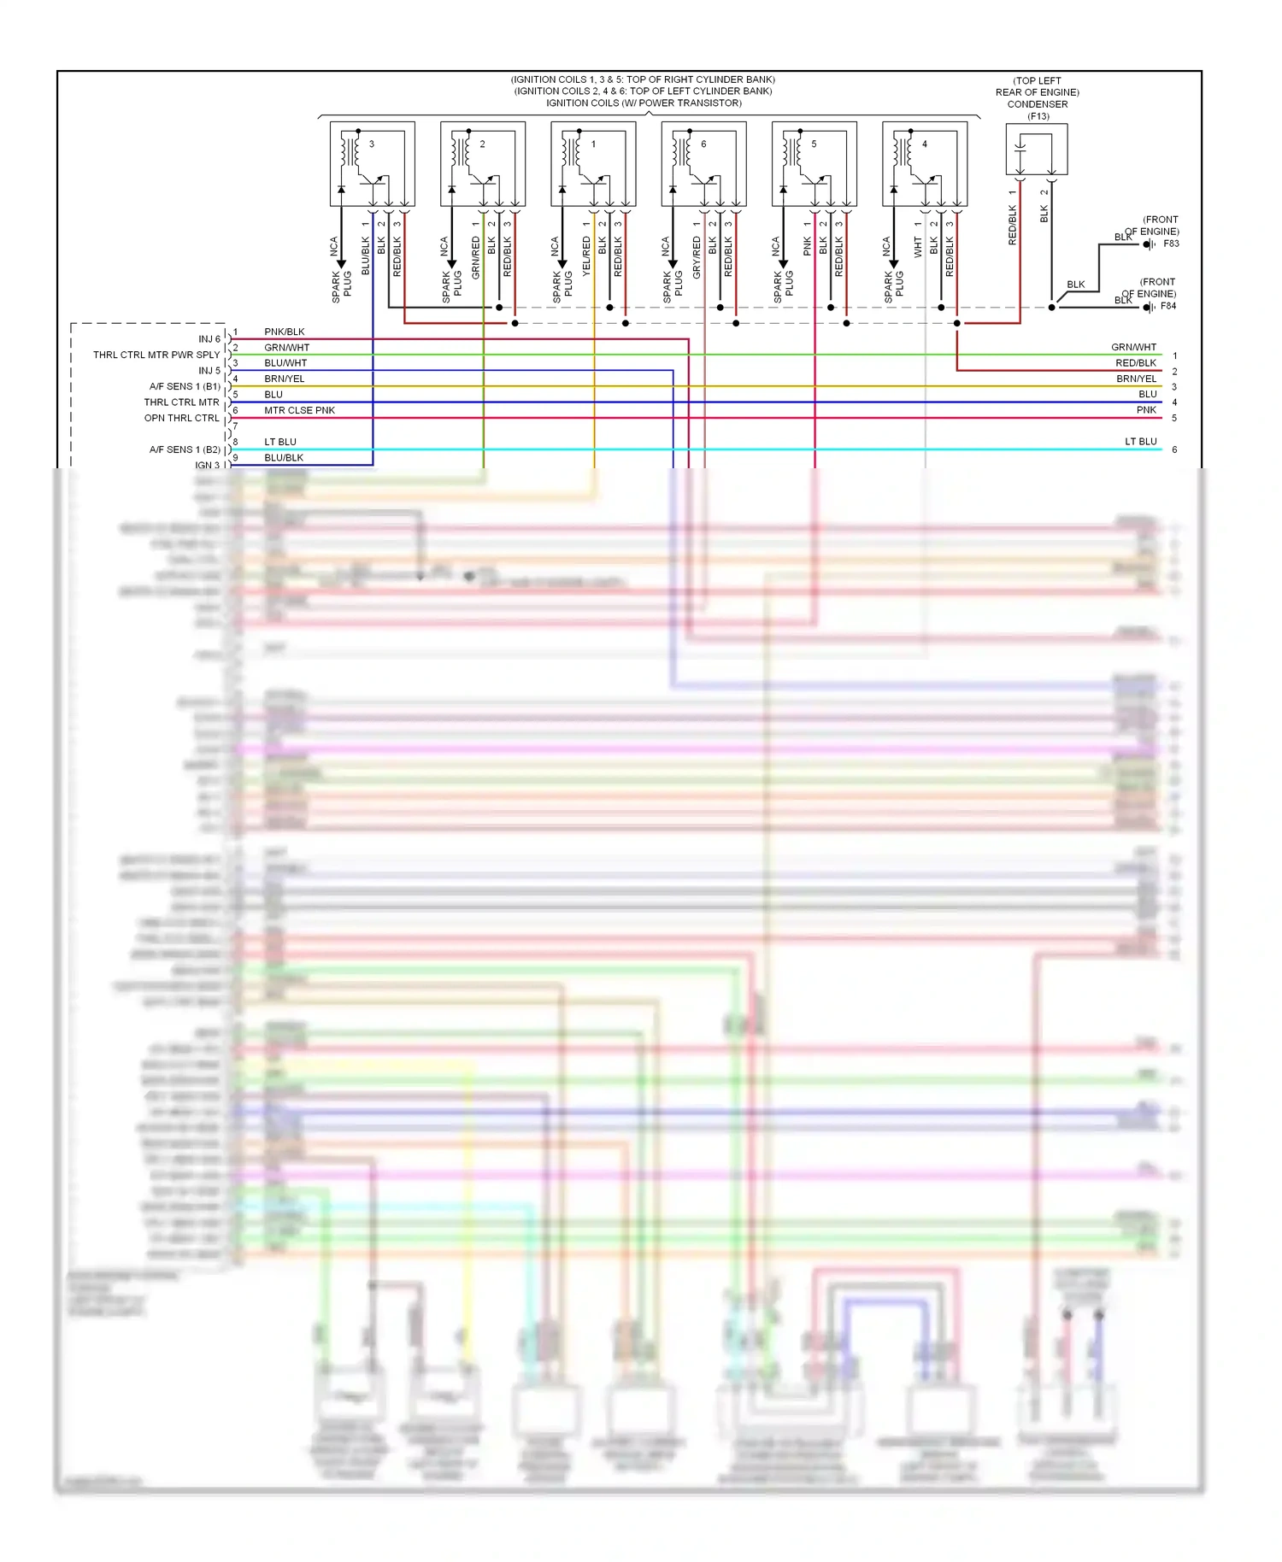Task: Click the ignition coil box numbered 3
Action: [373, 164]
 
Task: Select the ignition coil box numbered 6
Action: [703, 164]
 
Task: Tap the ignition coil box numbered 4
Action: [925, 164]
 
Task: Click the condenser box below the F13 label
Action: [1036, 150]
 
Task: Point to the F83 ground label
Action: [1171, 244]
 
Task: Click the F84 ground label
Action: [1168, 306]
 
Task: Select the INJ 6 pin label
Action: [209, 339]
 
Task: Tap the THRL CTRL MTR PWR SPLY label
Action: [156, 355]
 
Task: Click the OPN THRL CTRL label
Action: [181, 418]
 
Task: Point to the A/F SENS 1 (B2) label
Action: [185, 449]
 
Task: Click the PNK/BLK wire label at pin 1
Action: [285, 332]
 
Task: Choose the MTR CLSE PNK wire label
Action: [299, 410]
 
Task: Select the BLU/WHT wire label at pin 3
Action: [285, 363]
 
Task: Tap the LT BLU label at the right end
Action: [1140, 442]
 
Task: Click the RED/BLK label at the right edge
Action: [1136, 363]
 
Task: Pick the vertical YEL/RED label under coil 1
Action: [586, 256]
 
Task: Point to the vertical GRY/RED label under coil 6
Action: [697, 257]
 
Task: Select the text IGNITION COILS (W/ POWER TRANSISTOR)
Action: [644, 103]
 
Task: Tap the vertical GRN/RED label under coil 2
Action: [476, 257]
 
